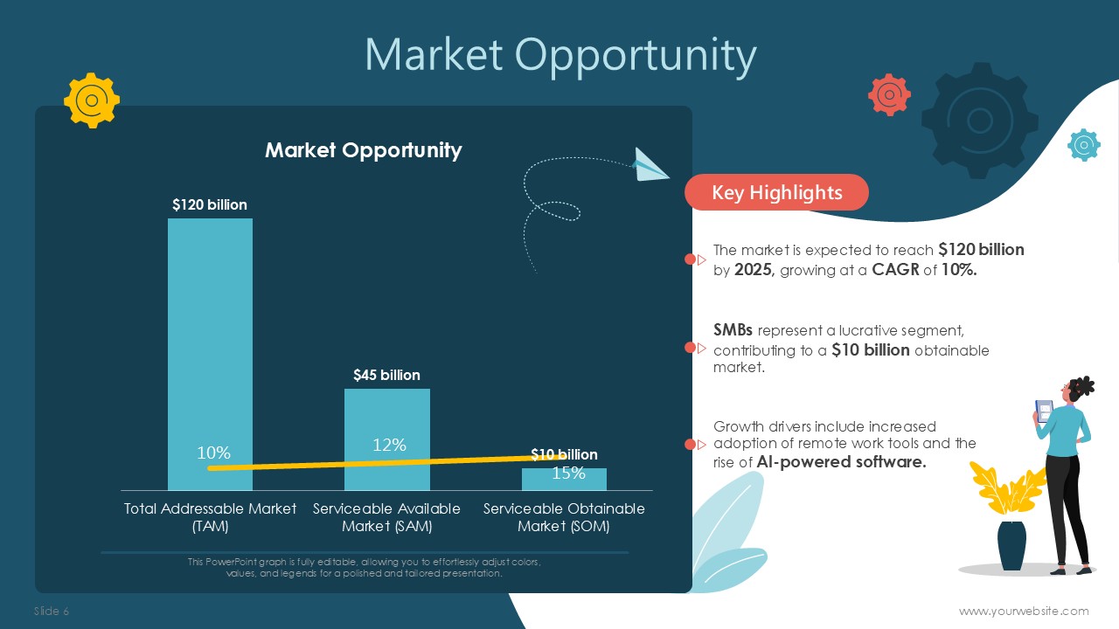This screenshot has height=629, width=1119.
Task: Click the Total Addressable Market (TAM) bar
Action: coord(210,354)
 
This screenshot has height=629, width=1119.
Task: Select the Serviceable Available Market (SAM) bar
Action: coord(387,439)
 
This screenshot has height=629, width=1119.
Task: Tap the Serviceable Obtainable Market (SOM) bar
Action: coord(564,480)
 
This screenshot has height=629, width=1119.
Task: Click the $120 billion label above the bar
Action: coord(210,204)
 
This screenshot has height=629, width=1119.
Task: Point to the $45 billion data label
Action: coord(386,375)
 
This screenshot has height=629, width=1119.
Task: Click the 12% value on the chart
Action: coord(389,445)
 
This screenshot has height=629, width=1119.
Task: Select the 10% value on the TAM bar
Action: coord(213,453)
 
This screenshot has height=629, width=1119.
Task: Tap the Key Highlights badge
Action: coord(776,192)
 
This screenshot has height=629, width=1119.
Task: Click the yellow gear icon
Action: coord(92,100)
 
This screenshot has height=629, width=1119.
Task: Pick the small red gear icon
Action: coord(889,95)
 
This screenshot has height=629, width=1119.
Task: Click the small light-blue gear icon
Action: coord(1083,145)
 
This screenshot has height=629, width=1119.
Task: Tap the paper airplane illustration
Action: coord(650,165)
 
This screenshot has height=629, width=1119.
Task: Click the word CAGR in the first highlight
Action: coord(895,270)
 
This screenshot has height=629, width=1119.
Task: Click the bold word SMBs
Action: coord(733,330)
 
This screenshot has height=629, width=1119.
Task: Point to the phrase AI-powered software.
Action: coord(841,462)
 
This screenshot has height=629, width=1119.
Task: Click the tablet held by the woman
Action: coord(1044,411)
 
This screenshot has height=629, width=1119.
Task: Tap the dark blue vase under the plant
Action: coord(1012,546)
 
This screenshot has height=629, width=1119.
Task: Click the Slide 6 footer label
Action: coord(52,611)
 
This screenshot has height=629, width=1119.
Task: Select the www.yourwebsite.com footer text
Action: coord(1024,611)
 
